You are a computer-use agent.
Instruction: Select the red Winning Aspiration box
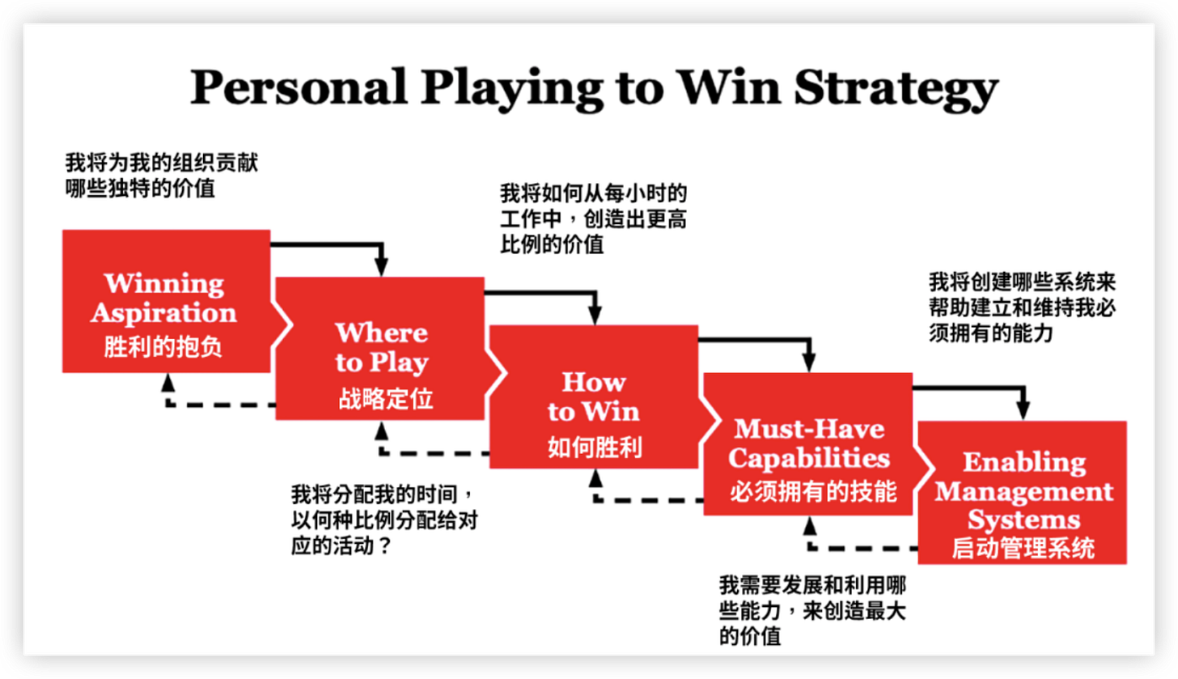pos(166,301)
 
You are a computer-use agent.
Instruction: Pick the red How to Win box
pos(594,397)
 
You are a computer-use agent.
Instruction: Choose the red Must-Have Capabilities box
pos(807,443)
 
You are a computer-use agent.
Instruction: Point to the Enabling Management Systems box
pos(1023,492)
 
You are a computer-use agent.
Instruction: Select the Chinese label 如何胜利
pos(595,447)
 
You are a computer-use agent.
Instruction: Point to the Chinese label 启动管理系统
pos(1023,548)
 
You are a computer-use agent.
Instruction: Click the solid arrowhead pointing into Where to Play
pos(381,267)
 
